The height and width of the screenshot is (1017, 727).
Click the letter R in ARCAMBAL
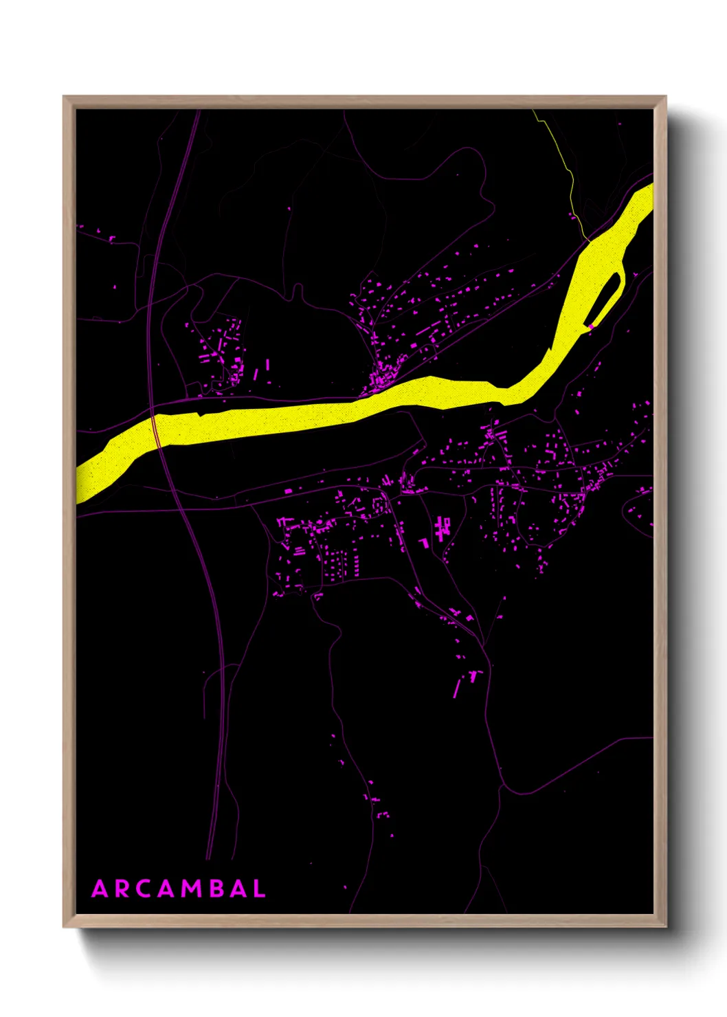coord(122,889)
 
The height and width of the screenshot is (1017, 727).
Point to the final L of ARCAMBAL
coord(259,889)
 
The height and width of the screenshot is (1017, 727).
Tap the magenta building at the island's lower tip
coord(590,326)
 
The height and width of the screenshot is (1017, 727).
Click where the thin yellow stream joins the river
coord(588,240)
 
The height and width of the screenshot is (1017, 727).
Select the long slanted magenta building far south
coord(457,689)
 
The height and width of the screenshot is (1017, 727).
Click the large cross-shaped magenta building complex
coord(442,528)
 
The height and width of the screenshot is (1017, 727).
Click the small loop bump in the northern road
coord(298,291)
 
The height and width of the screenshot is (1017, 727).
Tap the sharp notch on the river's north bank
coord(201,414)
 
